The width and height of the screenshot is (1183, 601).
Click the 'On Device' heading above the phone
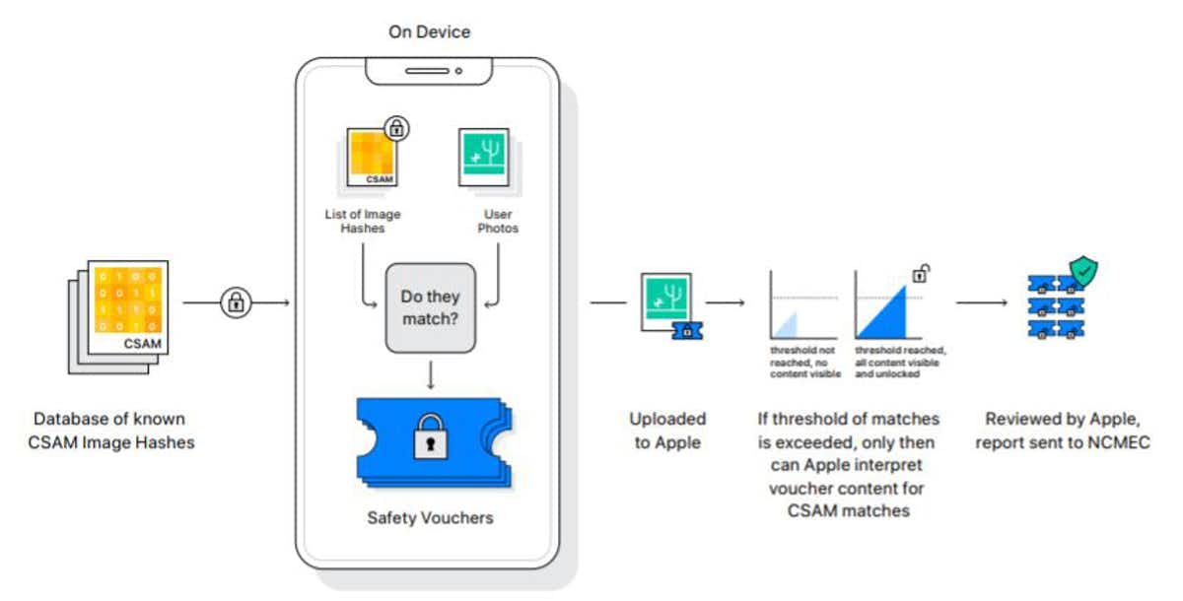[x=429, y=32]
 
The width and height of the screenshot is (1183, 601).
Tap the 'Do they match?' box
[x=430, y=307]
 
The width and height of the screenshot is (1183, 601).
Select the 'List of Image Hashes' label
[x=363, y=221]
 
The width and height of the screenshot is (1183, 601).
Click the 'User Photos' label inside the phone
[x=499, y=221]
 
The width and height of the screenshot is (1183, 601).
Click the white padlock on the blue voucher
[x=429, y=435]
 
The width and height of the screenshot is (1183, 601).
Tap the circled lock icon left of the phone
[x=236, y=301]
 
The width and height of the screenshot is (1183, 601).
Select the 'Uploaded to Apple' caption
[x=666, y=431]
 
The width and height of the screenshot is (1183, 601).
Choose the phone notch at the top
[x=428, y=71]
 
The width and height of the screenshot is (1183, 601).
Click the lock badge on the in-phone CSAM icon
[x=397, y=128]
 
